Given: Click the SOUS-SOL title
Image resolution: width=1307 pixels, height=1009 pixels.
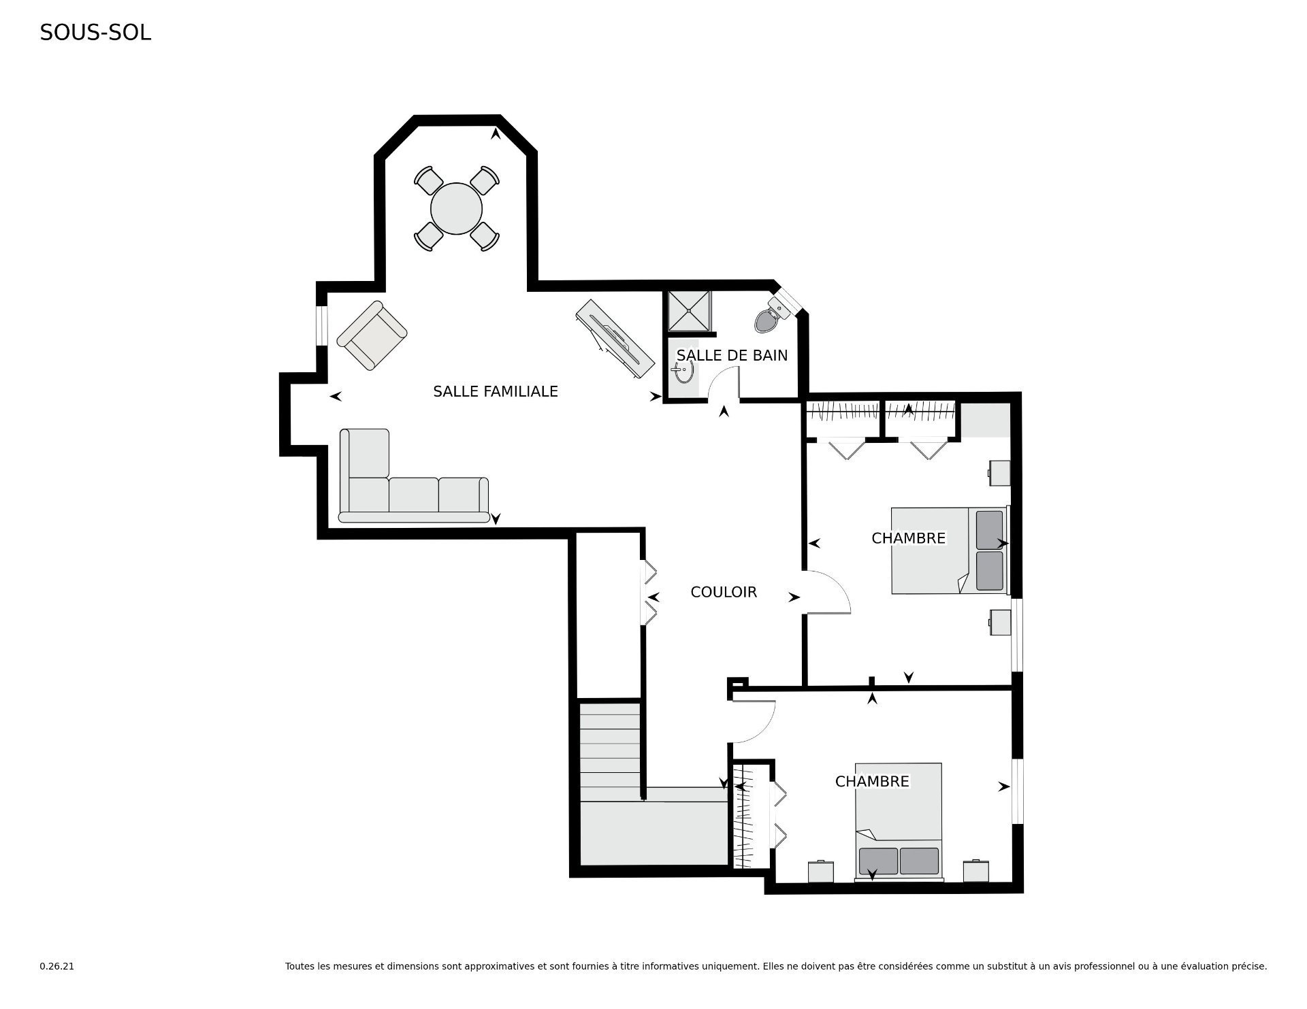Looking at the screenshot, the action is click(95, 33).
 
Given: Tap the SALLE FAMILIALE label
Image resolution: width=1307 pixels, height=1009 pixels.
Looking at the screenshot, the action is click(496, 391).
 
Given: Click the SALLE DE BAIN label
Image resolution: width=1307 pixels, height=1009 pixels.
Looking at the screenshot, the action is click(732, 355).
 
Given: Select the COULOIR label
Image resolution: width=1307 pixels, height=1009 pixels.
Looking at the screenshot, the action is click(724, 592).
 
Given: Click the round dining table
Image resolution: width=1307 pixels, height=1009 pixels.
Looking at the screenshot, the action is click(456, 208).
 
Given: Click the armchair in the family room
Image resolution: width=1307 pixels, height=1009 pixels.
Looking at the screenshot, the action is click(372, 335).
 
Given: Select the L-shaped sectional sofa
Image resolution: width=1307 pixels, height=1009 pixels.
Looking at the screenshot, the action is click(414, 476).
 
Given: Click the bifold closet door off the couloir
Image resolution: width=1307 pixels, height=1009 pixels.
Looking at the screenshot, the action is click(649, 591).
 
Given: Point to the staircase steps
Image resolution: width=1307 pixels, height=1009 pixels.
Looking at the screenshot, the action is click(610, 752).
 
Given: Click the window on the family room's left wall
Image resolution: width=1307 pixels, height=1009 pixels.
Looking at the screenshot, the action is click(322, 326).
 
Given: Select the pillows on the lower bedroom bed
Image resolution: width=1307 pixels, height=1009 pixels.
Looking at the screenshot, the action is click(899, 861).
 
